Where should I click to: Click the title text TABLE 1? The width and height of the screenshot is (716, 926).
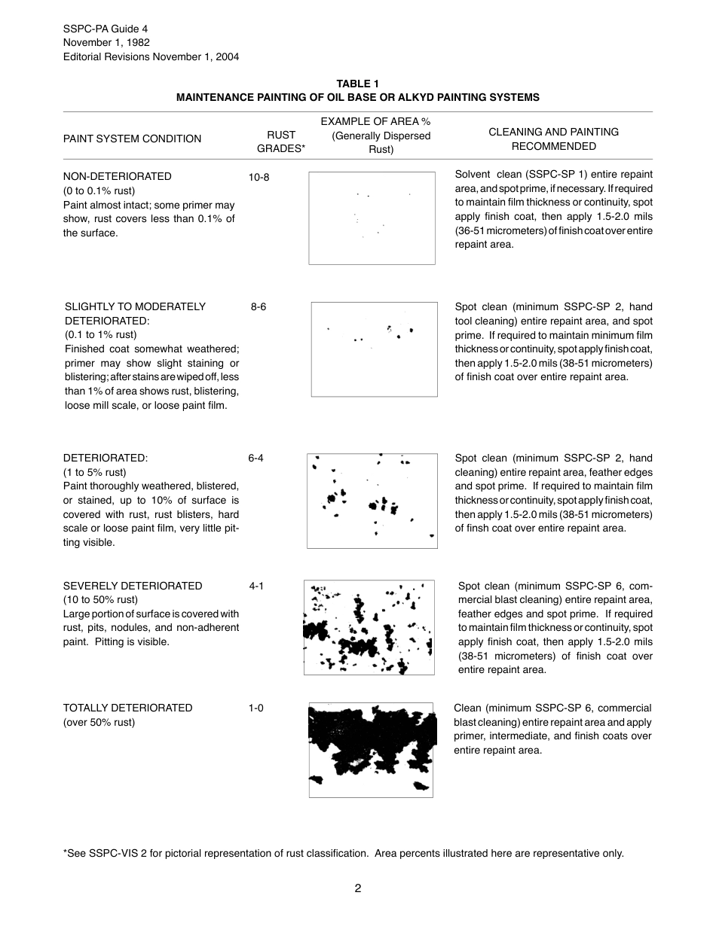tap(357, 84)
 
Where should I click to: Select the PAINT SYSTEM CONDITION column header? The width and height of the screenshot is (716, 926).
tap(132, 139)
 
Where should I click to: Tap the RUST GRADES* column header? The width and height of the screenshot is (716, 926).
tap(281, 142)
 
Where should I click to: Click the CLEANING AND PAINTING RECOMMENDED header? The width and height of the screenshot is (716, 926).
tap(553, 139)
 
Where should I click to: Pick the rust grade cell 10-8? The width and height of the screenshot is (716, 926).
tap(259, 177)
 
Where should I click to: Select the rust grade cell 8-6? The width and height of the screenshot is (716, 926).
tap(259, 307)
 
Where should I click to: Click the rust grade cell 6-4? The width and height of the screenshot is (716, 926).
tap(255, 458)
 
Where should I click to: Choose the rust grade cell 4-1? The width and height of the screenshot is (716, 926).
tap(256, 586)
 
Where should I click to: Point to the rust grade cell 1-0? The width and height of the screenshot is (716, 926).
tap(256, 708)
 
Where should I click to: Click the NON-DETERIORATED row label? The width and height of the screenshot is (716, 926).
tap(117, 176)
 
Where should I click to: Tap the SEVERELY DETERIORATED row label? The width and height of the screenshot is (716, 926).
tap(133, 586)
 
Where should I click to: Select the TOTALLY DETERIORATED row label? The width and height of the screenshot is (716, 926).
tap(127, 708)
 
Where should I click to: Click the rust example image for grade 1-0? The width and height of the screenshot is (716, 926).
tap(372, 750)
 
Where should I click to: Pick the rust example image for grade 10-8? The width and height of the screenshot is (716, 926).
tap(372, 218)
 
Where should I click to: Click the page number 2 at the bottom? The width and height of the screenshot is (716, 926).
tap(358, 888)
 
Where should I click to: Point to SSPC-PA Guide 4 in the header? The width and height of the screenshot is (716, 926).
tap(106, 29)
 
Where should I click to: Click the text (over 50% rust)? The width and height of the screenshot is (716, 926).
tap(99, 723)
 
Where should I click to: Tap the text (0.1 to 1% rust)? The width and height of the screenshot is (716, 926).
tap(100, 335)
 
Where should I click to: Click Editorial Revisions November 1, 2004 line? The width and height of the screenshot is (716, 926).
tap(151, 56)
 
